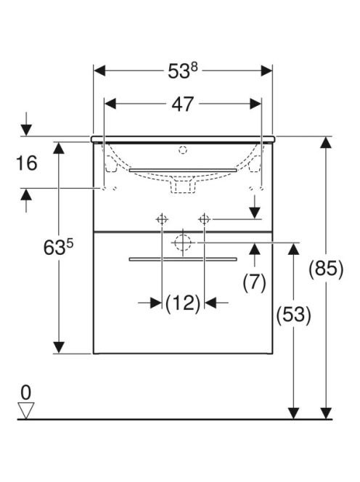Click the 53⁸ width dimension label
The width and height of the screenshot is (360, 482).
coord(183,71)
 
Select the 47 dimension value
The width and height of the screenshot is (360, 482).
coord(183,105)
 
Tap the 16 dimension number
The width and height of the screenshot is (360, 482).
coord(27,163)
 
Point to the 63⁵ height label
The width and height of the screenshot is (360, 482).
coord(58,248)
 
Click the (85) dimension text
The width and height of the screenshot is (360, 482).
coord(326,269)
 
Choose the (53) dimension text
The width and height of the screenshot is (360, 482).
coord(294,314)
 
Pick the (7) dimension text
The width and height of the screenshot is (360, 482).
coord(254,282)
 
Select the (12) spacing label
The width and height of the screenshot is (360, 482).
coord(183,303)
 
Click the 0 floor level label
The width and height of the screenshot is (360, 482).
coord(26,393)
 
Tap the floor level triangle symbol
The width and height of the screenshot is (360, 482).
coord(26,410)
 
